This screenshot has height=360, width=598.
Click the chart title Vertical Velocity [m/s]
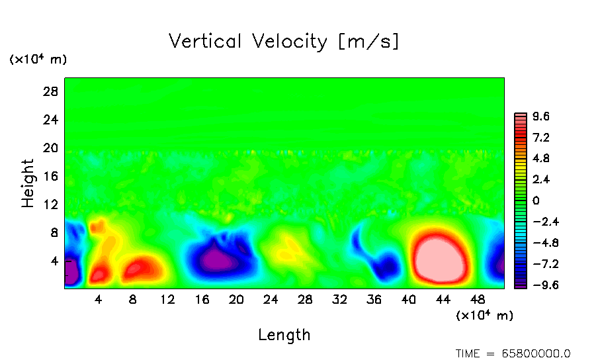(284, 42)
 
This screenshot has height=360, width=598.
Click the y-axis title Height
(28, 183)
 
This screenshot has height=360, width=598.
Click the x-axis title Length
(284, 335)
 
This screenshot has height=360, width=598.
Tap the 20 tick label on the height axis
(51, 148)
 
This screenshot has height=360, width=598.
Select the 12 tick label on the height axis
(51, 204)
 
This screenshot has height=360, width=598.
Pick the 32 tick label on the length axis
(339, 300)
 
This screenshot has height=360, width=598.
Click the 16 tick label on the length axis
(202, 300)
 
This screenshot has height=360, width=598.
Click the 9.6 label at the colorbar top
(541, 117)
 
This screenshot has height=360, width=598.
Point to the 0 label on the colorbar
(536, 201)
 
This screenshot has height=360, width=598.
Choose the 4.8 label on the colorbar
(541, 159)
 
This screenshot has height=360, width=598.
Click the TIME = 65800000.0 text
(513, 353)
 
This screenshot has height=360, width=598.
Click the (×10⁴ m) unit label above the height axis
(38, 60)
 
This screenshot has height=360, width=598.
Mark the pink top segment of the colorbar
(521, 117)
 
